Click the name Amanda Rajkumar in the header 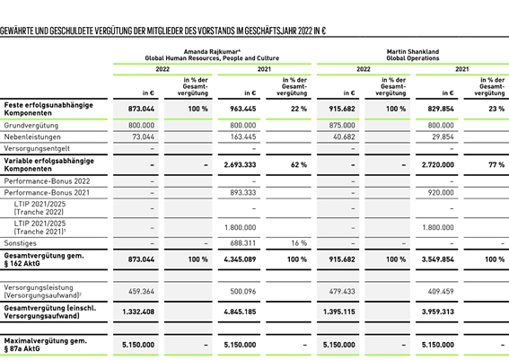point(210,52)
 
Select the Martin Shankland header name point(413,52)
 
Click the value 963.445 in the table point(243,109)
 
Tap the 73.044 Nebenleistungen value point(143,137)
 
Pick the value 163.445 point(243,137)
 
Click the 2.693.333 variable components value point(240,165)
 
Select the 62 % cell point(299,165)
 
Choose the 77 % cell point(496,165)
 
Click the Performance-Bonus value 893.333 point(243,193)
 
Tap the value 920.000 point(441,193)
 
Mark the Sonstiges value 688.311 point(243,243)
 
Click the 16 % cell point(299,243)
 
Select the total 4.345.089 point(240,259)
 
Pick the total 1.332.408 point(138,312)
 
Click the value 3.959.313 point(438,312)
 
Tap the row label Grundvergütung point(31,126)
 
